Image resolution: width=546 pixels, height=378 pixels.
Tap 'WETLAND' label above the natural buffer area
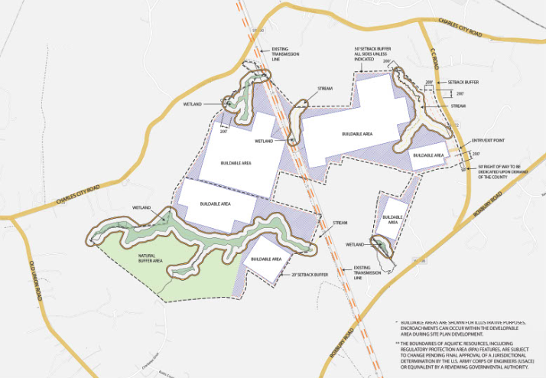141,207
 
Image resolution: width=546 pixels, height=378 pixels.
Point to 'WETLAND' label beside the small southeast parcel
353,244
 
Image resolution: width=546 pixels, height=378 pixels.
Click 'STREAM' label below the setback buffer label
458,106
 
